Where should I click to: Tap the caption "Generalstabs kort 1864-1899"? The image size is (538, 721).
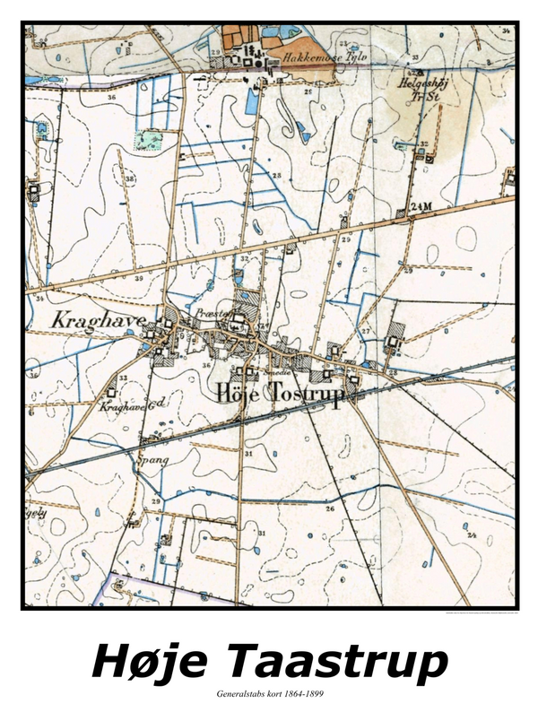(269, 694)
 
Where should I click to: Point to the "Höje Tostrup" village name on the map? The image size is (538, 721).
(279, 395)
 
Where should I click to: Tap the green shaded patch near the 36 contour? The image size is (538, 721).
(148, 139)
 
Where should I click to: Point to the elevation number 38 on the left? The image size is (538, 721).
(131, 179)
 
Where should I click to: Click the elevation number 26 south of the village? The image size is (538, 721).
(329, 508)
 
